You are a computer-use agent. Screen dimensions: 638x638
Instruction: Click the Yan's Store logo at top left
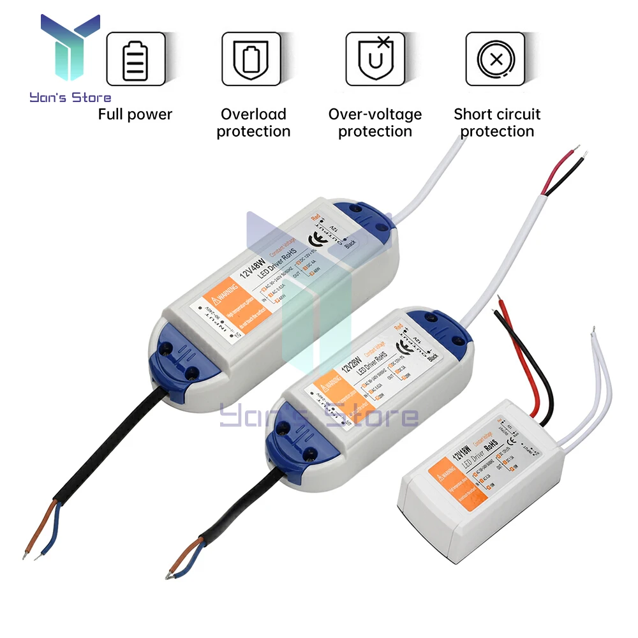70,57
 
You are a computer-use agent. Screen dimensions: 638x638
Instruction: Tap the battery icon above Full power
135,59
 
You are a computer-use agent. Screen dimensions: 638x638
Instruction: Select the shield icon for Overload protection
251,59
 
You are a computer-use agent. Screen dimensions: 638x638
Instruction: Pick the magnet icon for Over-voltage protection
375,59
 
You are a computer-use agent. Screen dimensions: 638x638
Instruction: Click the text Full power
135,115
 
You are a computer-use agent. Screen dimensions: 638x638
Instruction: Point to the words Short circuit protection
497,123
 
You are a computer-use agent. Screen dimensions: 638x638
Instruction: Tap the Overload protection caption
253,123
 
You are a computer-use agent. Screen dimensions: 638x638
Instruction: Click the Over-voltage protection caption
375,123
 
